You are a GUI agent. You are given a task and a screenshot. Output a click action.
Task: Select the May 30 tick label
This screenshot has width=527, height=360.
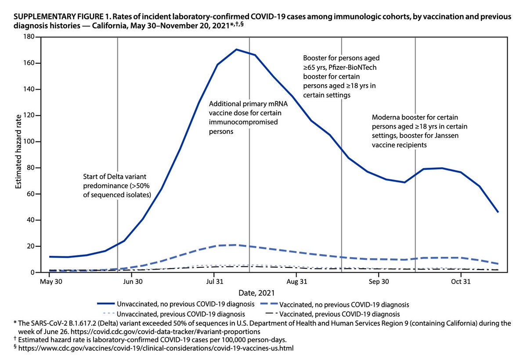pos(51,281)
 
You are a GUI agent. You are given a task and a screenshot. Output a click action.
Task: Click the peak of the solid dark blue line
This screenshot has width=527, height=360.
pos(237,50)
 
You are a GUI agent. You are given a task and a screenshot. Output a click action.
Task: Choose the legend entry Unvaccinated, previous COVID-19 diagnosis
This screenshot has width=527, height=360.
pos(180,314)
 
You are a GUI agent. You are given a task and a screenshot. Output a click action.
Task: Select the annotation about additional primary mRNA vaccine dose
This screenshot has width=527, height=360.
pos(245,118)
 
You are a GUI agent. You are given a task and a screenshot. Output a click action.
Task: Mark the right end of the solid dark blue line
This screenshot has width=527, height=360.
pos(498,212)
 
